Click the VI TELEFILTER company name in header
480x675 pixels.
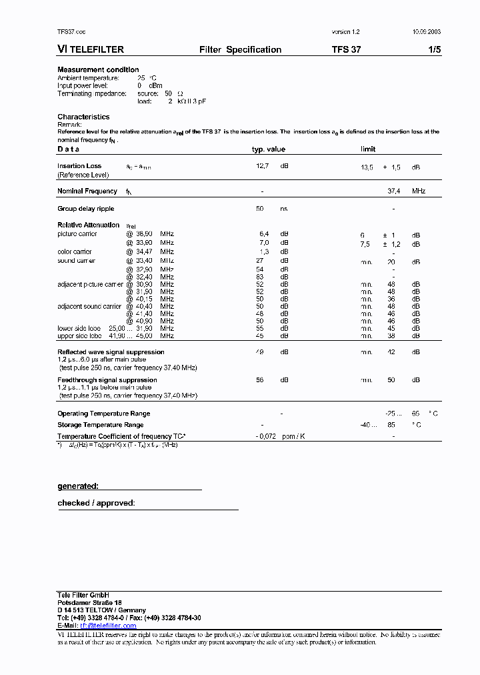click(x=91, y=49)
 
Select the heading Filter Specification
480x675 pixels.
click(x=240, y=49)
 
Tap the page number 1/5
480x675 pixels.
click(x=433, y=49)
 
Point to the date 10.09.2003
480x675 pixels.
click(x=426, y=32)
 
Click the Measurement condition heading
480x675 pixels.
click(x=98, y=70)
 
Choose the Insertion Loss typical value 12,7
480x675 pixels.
click(x=262, y=166)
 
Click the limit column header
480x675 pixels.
click(x=368, y=149)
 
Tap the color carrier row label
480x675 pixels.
click(x=75, y=252)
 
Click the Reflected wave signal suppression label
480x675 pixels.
click(x=111, y=352)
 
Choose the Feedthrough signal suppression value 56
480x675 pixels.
click(x=260, y=380)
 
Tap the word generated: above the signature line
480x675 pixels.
click(x=78, y=486)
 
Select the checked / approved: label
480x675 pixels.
click(x=96, y=503)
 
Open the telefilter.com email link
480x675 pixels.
click(x=108, y=626)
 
